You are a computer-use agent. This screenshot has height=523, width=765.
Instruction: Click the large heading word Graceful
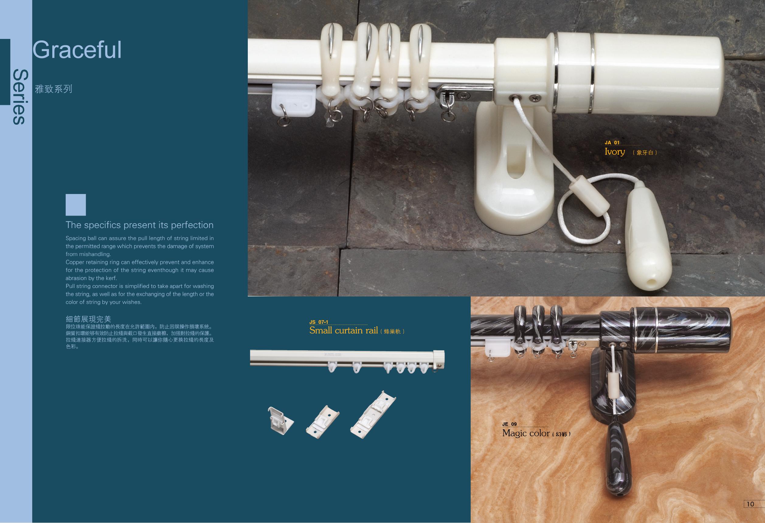click(77, 50)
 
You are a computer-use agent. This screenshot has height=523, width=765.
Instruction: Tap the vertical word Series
click(19, 97)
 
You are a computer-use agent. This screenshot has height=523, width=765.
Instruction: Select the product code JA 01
click(612, 143)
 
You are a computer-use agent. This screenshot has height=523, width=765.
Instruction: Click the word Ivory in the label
click(614, 152)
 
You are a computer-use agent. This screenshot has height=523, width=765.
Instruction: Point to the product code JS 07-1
click(319, 322)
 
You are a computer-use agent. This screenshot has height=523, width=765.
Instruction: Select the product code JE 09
click(510, 424)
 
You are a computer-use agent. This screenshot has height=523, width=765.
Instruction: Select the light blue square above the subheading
click(76, 205)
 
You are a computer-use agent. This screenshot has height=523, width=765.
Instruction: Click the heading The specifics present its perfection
click(140, 225)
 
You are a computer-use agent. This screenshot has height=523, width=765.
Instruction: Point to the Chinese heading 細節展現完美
click(88, 319)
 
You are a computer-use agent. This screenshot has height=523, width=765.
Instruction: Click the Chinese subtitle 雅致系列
click(53, 89)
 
